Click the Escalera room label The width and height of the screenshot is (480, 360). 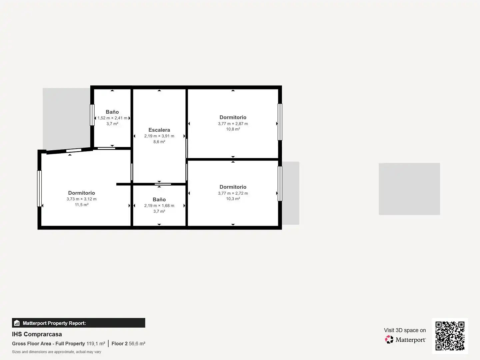159,130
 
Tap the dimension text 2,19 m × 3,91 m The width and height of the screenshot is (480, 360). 159,136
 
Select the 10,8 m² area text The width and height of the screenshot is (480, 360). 233,129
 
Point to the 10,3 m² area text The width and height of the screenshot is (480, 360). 233,199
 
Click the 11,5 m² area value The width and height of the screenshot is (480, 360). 82,205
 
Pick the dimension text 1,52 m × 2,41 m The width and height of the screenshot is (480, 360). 112,118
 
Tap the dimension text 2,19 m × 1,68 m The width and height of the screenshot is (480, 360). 159,205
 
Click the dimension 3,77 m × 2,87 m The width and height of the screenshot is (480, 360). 233,123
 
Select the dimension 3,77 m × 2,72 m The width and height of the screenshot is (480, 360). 233,193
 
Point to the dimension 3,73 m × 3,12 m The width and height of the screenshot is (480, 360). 82,199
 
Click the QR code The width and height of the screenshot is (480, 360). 450,336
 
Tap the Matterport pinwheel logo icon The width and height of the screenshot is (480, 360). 389,339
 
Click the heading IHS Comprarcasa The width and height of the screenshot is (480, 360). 37,334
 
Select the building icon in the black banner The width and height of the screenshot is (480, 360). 17,323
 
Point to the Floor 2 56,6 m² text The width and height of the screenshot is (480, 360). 128,344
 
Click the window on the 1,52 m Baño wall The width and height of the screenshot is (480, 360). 92,115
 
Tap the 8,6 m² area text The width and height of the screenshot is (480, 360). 159,142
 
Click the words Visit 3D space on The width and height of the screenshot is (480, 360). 405,330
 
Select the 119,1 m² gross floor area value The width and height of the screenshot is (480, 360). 96,344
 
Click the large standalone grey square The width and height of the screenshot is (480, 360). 409,189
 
